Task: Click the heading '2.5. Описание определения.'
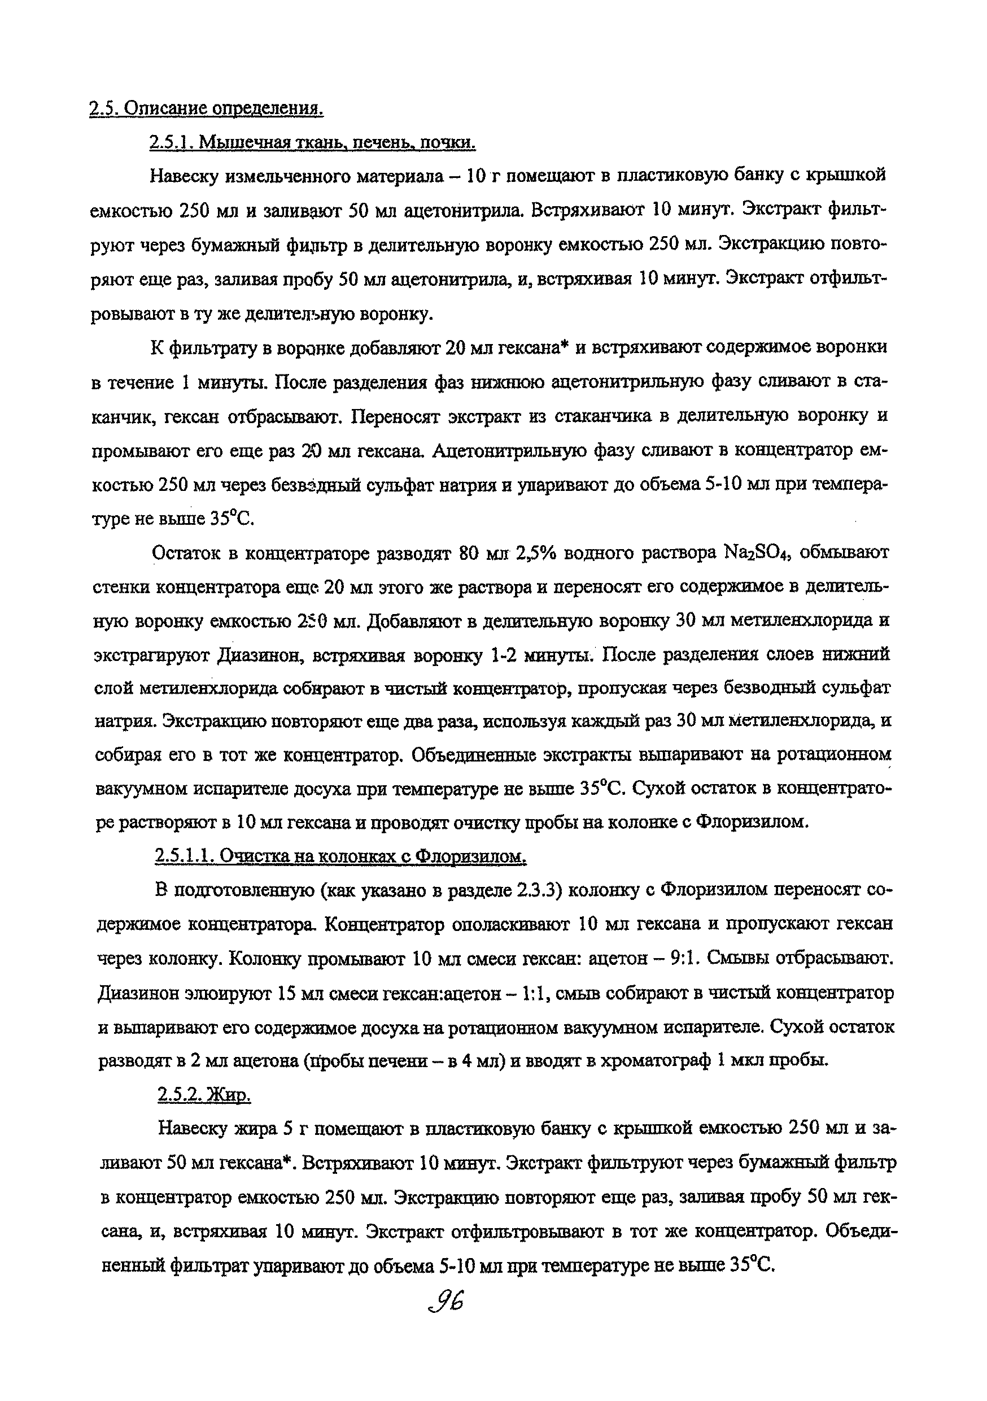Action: click(x=206, y=108)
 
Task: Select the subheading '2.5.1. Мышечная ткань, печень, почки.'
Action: click(x=312, y=143)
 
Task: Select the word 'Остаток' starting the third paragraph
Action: click(x=189, y=553)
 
